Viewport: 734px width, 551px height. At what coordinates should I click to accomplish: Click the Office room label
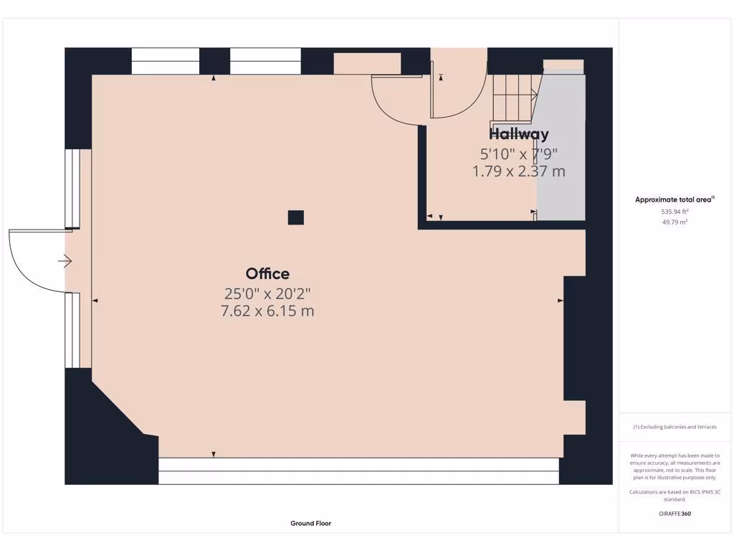tap(267, 273)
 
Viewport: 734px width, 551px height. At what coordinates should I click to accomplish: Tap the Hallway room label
tap(519, 134)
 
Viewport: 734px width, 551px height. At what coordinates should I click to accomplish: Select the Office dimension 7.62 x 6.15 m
tap(267, 311)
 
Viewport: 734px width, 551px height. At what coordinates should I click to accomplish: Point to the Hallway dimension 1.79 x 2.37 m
tap(519, 171)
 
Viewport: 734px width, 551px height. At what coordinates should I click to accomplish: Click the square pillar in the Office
tap(295, 217)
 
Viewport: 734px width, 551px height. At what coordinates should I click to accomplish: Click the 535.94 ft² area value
tap(675, 212)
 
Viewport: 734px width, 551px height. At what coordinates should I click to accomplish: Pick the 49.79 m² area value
tap(675, 222)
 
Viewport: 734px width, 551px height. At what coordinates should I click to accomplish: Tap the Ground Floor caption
tap(310, 524)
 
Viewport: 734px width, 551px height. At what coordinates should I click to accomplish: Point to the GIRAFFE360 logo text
tap(675, 514)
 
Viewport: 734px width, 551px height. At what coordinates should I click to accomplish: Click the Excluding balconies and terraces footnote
tap(675, 427)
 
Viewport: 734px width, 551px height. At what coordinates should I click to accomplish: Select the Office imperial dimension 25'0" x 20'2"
tap(267, 293)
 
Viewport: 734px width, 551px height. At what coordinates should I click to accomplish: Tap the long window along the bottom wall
tap(358, 471)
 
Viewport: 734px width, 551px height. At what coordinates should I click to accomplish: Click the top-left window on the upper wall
tap(166, 61)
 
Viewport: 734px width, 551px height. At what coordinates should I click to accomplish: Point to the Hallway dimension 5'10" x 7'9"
tap(519, 153)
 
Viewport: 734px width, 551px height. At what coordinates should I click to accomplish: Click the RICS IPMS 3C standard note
tap(675, 495)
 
